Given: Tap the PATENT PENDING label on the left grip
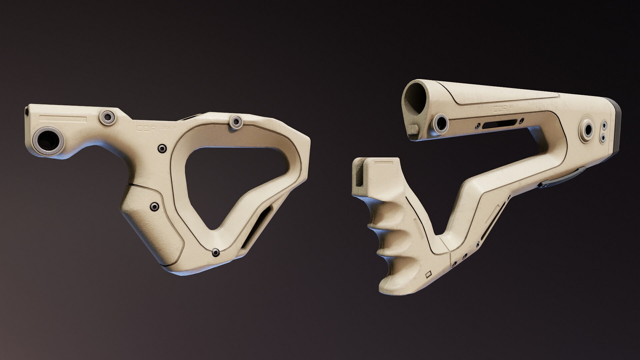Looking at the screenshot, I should coord(63,118).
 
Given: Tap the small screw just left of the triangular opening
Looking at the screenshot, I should coord(162,148).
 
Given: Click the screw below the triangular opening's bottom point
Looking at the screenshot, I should coord(216,253).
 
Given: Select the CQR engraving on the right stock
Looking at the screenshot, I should coord(500,109).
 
